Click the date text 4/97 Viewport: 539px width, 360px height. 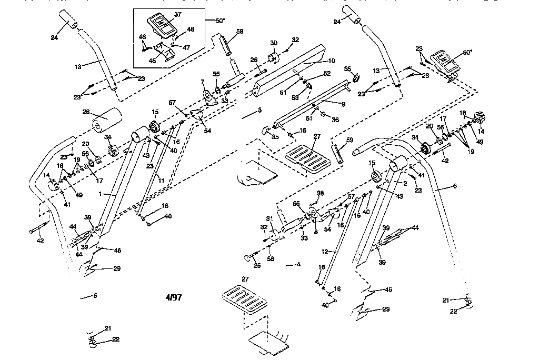(174, 297)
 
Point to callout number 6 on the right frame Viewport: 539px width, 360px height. (455, 186)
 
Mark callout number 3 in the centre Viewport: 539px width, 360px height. (259, 111)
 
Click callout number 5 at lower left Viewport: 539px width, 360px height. (95, 296)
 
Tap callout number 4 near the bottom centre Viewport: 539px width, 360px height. (298, 265)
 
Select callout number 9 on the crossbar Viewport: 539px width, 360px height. (343, 105)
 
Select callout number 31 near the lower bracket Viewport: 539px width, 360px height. (269, 219)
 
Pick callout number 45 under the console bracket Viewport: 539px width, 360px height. (152, 61)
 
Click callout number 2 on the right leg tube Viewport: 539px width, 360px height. (406, 183)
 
